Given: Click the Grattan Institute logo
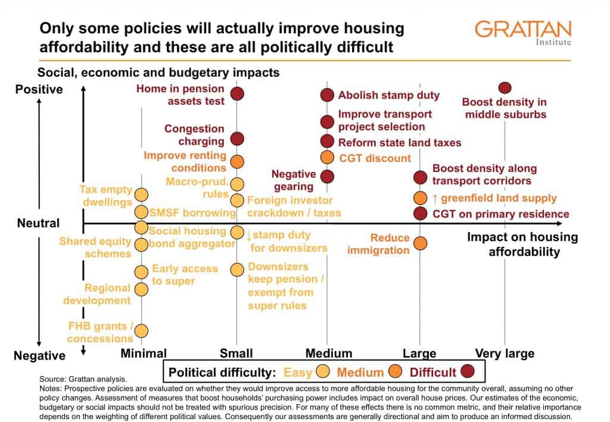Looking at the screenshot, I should coord(523,33).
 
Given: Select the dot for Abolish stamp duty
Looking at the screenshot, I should coord(327,95).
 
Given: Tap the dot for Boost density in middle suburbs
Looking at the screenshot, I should coord(505,88).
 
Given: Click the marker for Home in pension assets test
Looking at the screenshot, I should coord(237,93).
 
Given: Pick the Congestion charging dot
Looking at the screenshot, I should coord(237,139).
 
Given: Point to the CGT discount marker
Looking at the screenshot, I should coord(327,157).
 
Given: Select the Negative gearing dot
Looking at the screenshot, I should coord(327,176).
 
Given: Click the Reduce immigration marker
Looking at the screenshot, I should coord(421,243).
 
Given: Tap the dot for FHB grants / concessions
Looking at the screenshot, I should coord(141,330).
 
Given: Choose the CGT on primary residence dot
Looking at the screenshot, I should coord(421,213).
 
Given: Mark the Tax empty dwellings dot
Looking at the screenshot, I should coord(141,194).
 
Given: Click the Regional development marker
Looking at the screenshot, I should coord(141,289).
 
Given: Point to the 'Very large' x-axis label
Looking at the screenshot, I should coord(504,354).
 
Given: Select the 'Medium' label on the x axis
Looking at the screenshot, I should coord(328,354).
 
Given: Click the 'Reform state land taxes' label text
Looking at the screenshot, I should coord(400,142).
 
